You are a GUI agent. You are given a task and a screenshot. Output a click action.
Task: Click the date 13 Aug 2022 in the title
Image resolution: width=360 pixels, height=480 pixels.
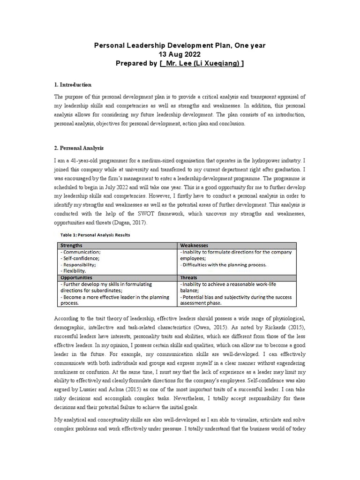(x=180, y=54)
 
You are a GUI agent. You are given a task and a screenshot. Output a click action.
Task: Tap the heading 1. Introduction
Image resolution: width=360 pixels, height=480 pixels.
(x=73, y=85)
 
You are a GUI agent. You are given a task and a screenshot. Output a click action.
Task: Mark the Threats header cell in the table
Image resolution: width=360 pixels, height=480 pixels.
(x=188, y=277)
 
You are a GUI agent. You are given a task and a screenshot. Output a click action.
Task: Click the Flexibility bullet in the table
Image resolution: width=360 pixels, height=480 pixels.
(x=73, y=271)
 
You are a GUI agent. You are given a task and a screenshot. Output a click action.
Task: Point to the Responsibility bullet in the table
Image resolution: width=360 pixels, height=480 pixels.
(x=78, y=264)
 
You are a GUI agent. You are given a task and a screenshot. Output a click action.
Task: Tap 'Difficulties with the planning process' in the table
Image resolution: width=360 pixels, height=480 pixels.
(x=223, y=264)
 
